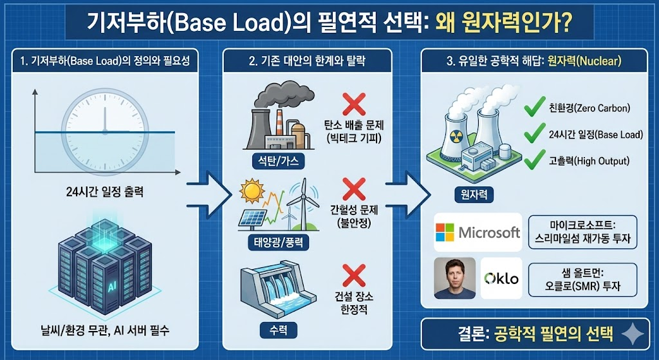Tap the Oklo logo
tap(501, 278)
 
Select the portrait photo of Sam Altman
tap(454, 278)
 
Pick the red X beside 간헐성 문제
tap(353, 189)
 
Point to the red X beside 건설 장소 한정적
tap(353, 275)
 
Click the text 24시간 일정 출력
tap(105, 191)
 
